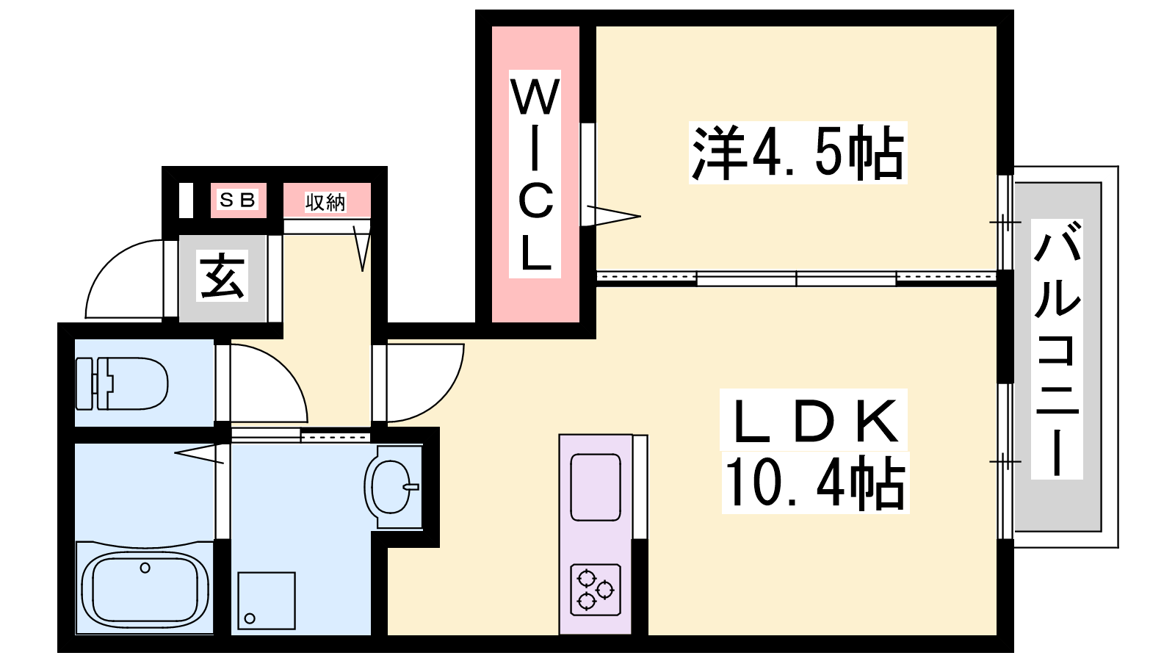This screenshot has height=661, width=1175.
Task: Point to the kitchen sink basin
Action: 596,487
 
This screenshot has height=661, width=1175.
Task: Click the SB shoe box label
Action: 238,200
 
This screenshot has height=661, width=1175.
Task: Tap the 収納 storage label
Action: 325,202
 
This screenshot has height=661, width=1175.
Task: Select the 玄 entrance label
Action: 223,277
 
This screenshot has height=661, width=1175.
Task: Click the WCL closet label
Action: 535,174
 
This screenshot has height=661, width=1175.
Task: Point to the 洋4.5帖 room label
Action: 798,153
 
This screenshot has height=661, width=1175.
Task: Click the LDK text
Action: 814,421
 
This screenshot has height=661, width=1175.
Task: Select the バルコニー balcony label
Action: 1057,350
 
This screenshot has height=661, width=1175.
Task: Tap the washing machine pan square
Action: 267,601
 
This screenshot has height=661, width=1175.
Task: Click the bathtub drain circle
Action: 145,568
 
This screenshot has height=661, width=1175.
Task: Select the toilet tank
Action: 85,383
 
